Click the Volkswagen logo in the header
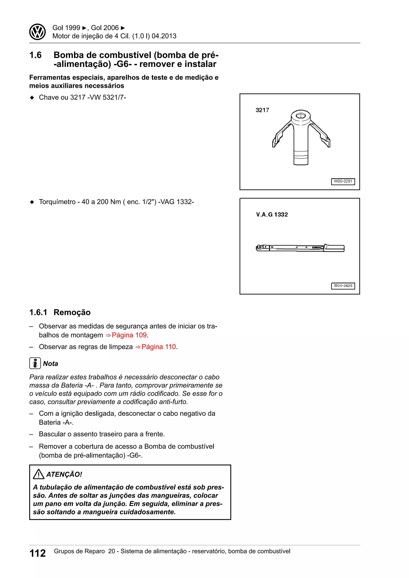click(x=37, y=32)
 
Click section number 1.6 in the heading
click(x=36, y=55)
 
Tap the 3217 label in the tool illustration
click(x=262, y=110)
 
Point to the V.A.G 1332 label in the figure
click(x=272, y=215)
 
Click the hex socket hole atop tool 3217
click(x=300, y=116)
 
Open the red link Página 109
click(x=129, y=335)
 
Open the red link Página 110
click(x=158, y=347)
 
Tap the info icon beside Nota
click(x=35, y=363)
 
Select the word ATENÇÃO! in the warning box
click(x=64, y=475)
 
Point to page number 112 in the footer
click(x=38, y=553)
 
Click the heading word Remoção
click(x=72, y=312)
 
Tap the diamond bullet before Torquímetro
click(x=32, y=202)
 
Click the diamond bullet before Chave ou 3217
click(x=32, y=98)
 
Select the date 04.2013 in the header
click(x=164, y=36)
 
